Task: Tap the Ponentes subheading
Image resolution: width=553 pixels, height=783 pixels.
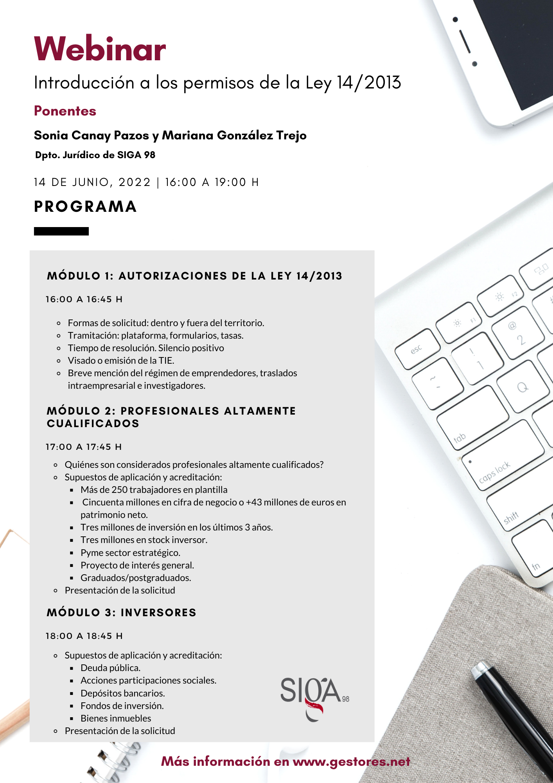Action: pos(65,111)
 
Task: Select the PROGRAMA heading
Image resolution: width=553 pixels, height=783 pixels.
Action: pos(85,206)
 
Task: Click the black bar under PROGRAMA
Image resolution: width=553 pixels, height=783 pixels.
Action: pos(61,231)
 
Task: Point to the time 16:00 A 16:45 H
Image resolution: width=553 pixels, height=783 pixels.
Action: pos(84,299)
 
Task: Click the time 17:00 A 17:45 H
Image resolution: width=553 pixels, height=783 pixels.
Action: pos(84,447)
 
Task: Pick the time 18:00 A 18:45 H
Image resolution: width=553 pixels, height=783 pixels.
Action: pos(84,636)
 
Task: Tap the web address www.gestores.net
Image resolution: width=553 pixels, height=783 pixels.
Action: pos(351,761)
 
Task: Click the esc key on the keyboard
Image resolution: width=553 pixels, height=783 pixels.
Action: pos(417,348)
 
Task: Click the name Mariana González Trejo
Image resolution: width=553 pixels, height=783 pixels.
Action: pos(234,135)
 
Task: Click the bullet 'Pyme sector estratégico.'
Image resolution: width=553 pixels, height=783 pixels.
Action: pos(130,553)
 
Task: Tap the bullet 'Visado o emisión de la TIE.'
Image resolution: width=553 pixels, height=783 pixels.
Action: pos(121,361)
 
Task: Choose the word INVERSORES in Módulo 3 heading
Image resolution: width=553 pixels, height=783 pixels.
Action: pos(158,613)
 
